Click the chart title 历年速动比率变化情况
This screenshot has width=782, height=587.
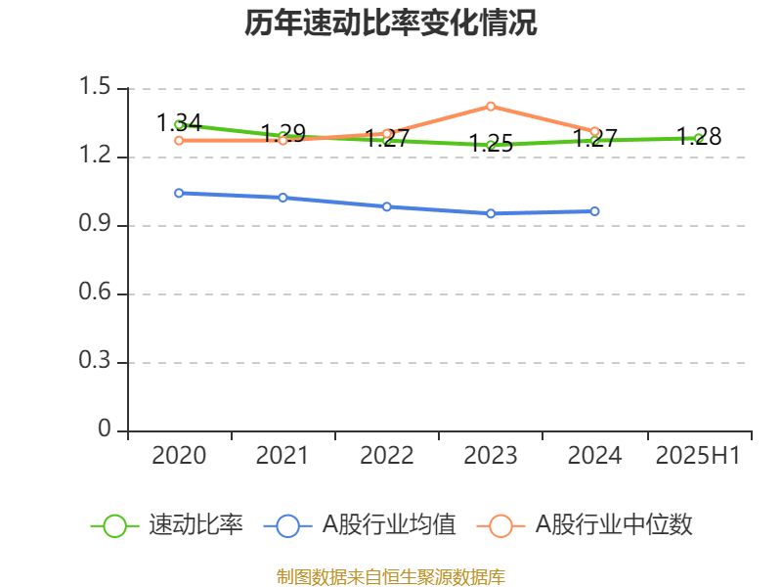pyautogui.click(x=391, y=23)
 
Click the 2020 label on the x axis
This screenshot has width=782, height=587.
pyautogui.click(x=180, y=456)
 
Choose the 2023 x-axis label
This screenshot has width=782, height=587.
pyautogui.click(x=491, y=456)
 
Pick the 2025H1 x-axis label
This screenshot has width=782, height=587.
pyautogui.click(x=698, y=456)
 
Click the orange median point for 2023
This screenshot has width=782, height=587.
pyautogui.click(x=491, y=106)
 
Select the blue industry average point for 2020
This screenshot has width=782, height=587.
pyautogui.click(x=179, y=193)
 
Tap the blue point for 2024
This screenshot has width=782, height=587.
pyautogui.click(x=594, y=211)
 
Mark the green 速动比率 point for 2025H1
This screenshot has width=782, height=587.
pyautogui.click(x=698, y=138)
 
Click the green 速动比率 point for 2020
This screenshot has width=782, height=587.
pyautogui.click(x=179, y=124)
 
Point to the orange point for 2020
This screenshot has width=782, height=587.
pyautogui.click(x=179, y=140)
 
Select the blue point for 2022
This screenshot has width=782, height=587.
pyautogui.click(x=387, y=206)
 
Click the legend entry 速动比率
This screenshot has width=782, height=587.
pyautogui.click(x=195, y=525)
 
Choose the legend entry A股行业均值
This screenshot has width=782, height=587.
pyautogui.click(x=389, y=525)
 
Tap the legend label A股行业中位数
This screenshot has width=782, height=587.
pyautogui.click(x=614, y=525)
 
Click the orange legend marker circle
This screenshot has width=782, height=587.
pyautogui.click(x=501, y=525)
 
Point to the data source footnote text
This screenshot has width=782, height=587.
pyautogui.click(x=391, y=576)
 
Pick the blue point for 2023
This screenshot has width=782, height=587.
pyautogui.click(x=491, y=213)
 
